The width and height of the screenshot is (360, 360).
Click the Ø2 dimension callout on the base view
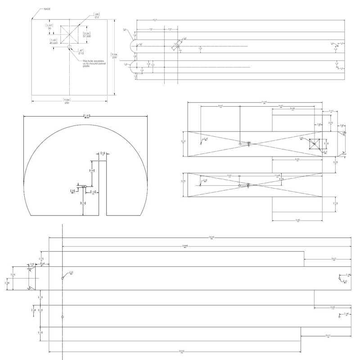tap(96, 17)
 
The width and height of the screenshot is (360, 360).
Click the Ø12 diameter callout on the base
tap(81, 52)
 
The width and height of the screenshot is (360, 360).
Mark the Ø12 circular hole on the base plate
tap(69, 46)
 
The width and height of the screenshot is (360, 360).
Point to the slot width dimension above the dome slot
tap(103, 154)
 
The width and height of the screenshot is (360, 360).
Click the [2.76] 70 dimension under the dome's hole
tap(83, 204)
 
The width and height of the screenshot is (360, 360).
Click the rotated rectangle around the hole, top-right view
tap(177, 46)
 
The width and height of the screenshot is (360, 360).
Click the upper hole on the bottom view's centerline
tap(63, 278)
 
